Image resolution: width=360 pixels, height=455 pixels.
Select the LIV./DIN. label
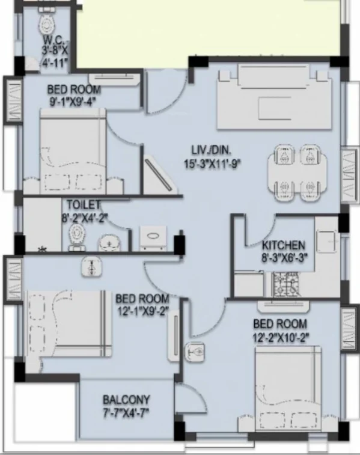(208, 150)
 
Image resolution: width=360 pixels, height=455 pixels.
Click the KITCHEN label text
(284, 246)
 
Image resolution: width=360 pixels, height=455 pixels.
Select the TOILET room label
(85, 204)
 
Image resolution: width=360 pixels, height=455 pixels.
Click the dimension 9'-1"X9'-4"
(74, 101)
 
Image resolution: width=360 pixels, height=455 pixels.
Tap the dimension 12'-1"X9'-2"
(142, 311)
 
